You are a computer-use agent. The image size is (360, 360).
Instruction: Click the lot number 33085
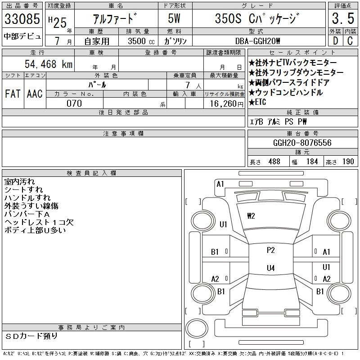[22, 18]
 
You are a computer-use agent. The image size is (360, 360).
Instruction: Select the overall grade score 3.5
[343, 18]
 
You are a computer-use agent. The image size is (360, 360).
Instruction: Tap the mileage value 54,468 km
[49, 64]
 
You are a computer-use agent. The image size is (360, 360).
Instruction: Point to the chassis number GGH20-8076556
[302, 143]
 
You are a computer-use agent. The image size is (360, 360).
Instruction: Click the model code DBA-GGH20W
[257, 41]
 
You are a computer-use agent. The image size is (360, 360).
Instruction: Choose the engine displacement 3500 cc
[141, 41]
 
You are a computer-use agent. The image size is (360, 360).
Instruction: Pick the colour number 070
[74, 103]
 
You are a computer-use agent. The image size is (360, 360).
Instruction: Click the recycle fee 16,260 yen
[227, 104]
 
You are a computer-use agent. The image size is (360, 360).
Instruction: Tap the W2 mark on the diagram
[251, 216]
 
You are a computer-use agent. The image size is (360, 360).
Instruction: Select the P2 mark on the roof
[271, 250]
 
